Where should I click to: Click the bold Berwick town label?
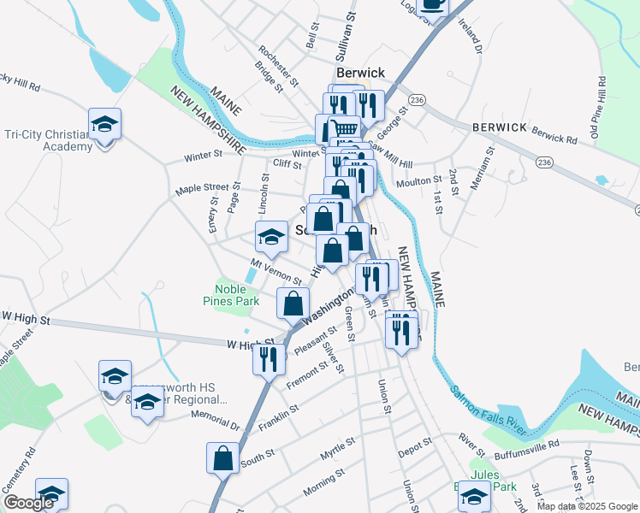360,73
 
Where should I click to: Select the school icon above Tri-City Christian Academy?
104,126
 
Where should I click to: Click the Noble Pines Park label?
231,295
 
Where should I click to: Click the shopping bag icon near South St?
223,457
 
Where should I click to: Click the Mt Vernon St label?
276,274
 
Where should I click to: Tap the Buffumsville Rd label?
528,445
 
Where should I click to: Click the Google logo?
30,503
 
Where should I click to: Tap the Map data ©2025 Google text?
586,506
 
